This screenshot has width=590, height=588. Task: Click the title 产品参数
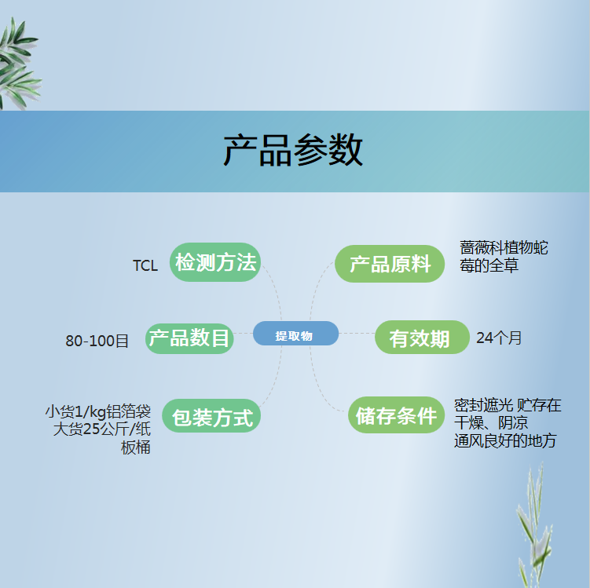tap(293, 151)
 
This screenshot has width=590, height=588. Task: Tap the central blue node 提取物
tap(295, 334)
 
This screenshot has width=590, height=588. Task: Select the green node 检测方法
tap(215, 262)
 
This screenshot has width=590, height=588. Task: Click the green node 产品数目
tap(189, 338)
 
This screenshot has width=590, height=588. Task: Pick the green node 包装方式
tap(211, 416)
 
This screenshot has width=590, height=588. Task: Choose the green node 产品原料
tap(390, 264)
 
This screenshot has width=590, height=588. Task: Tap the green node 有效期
tap(422, 338)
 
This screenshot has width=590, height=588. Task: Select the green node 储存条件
tap(397, 415)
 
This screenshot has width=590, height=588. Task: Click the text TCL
tap(145, 266)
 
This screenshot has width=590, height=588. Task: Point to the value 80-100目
tap(97, 341)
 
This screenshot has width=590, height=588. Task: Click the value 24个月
tap(499, 338)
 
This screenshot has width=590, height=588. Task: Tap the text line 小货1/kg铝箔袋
tap(98, 411)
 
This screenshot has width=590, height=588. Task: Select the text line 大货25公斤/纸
tap(102, 429)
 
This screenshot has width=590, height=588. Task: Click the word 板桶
tap(135, 447)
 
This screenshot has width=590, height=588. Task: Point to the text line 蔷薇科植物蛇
tap(504, 248)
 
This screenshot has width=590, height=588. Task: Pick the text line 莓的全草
tap(489, 265)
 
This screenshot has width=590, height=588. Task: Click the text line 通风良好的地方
tap(505, 440)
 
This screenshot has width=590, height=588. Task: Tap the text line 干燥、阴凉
tap(491, 423)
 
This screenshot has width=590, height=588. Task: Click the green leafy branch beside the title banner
tap(19, 64)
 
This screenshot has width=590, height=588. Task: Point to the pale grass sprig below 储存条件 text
tap(534, 526)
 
